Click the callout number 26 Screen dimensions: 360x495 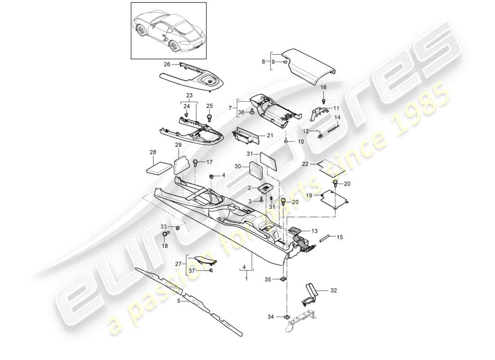(166, 64)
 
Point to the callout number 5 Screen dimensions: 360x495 (179, 301)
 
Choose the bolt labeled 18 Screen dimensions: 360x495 (165, 234)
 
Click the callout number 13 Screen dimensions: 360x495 (314, 231)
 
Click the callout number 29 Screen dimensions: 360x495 (178, 144)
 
